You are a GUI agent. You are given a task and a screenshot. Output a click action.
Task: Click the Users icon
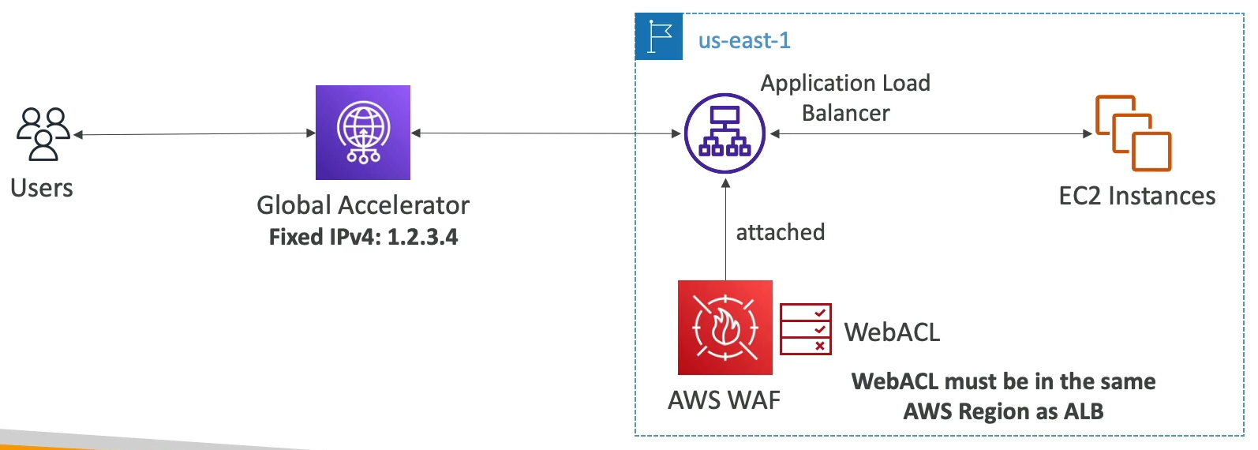coord(43,134)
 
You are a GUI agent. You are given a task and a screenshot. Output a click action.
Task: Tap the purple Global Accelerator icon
coord(363,133)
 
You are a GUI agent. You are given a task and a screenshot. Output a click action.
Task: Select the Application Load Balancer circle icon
coord(724,133)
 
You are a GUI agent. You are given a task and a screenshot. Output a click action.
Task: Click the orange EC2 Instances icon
coord(1133,133)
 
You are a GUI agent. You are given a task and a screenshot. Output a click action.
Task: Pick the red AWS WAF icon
coord(724,327)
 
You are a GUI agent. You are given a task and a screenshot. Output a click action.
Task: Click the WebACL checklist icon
coord(805,329)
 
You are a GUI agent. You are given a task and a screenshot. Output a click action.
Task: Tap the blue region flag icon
coord(659,36)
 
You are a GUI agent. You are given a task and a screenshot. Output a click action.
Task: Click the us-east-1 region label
coord(744,40)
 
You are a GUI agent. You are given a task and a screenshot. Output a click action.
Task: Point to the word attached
coord(780,232)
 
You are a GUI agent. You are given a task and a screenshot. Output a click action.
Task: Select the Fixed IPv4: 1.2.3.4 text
coord(363,237)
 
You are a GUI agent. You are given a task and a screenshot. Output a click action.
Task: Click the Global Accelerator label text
coord(363,205)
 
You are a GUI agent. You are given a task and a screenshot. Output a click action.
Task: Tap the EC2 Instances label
coord(1136,196)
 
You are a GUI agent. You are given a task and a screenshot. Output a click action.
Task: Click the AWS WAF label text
coord(724,400)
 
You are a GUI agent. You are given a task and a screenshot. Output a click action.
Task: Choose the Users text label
coord(42,188)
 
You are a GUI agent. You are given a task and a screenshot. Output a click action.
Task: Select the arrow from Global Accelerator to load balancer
coord(545,133)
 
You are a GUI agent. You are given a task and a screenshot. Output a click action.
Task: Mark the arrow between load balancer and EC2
coord(931,133)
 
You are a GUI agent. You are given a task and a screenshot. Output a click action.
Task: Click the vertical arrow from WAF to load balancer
coord(725,229)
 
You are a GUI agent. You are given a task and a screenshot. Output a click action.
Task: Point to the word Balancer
coord(845,114)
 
